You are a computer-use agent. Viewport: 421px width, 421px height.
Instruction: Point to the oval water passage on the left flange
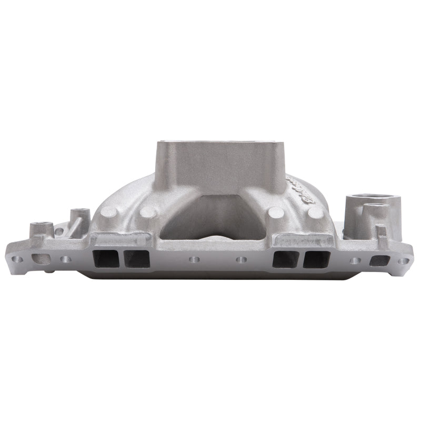tap(41, 259)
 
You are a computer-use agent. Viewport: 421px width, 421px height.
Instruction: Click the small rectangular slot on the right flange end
tap(380, 260)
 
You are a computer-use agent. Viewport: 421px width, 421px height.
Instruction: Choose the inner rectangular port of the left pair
tap(135, 258)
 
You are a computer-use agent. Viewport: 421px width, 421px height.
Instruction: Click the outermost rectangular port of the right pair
tap(316, 258)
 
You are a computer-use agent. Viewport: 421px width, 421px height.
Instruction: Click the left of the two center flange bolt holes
tap(195, 259)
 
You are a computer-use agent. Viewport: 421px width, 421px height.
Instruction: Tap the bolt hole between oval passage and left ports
tap(66, 259)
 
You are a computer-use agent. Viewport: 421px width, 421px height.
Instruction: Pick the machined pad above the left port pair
tap(120, 240)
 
